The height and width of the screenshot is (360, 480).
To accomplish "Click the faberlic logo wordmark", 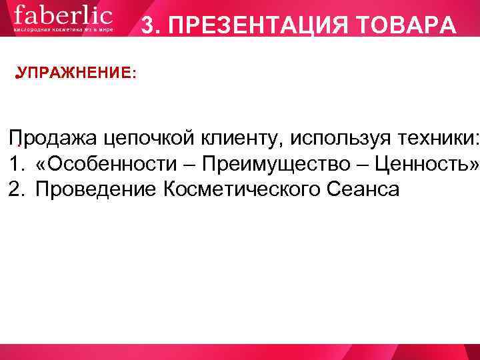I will pyautogui.click(x=63, y=16).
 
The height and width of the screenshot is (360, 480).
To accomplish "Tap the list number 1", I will pyautogui.click(x=15, y=164).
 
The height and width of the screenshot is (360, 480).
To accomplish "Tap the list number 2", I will pyautogui.click(x=15, y=189).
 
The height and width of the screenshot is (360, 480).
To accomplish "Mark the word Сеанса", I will pyautogui.click(x=363, y=189).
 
